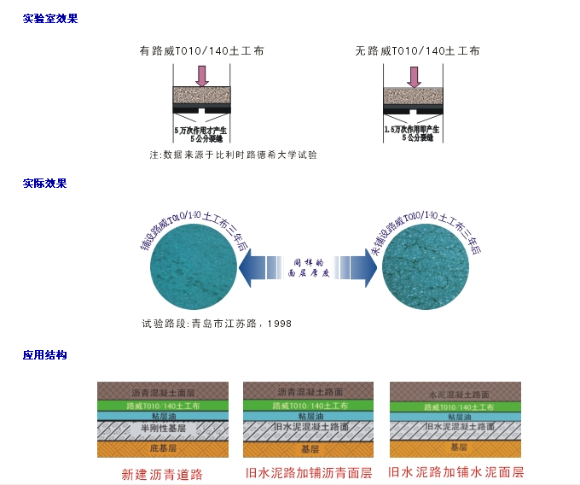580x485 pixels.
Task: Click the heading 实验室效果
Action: (50, 18)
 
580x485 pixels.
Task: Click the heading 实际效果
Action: (44, 183)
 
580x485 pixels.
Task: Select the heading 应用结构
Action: (44, 354)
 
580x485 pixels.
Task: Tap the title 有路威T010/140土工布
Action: (201, 50)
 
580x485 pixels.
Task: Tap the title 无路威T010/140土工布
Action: (417, 50)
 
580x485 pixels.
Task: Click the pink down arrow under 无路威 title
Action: (415, 76)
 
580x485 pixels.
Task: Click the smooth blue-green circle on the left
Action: (192, 270)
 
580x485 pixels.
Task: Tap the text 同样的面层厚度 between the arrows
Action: (309, 269)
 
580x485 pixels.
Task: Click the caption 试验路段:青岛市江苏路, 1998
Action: (217, 324)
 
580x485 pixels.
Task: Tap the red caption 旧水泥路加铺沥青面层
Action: (309, 472)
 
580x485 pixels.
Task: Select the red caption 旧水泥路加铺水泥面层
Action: (455, 471)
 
